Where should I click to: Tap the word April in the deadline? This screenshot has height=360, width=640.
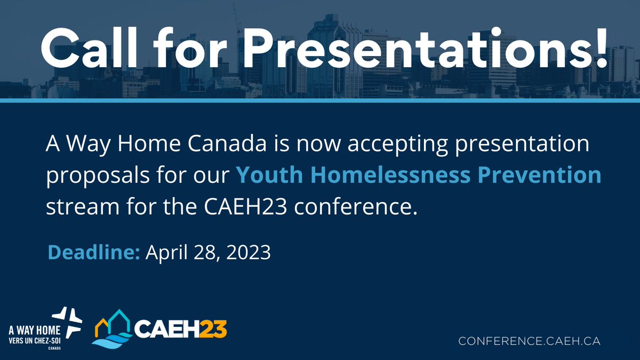tap(163, 252)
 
